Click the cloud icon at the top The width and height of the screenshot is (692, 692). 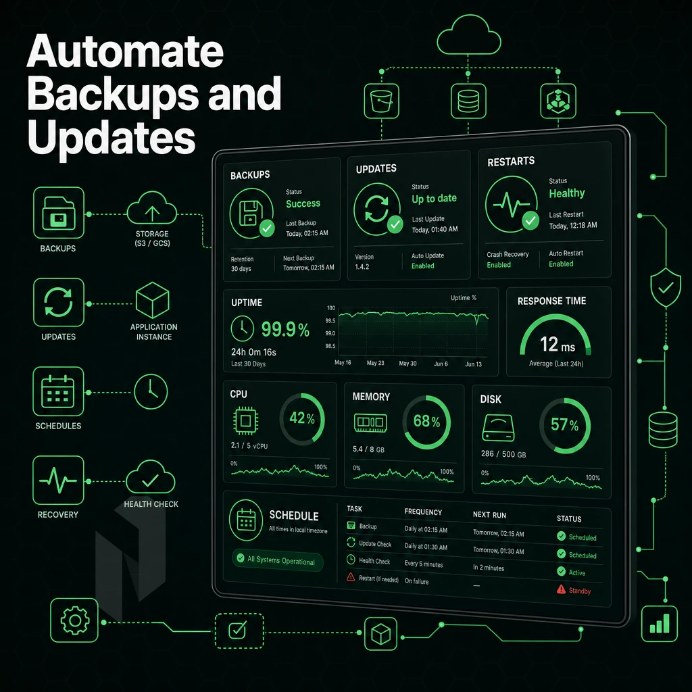(x=469, y=34)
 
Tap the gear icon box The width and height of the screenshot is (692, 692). (x=74, y=620)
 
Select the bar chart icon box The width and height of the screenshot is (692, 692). (x=660, y=624)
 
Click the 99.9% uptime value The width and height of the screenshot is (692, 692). (x=285, y=329)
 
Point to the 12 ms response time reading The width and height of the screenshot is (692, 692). (x=558, y=344)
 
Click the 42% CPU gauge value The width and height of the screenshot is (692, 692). (x=302, y=418)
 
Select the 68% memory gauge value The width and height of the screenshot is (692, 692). (x=427, y=421)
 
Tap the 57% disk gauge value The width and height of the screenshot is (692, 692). (x=564, y=424)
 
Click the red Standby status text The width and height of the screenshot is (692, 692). (x=579, y=591)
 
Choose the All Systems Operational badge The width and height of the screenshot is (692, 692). (x=278, y=560)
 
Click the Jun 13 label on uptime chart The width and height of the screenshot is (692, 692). (x=474, y=364)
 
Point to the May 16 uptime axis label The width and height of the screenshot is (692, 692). (x=343, y=362)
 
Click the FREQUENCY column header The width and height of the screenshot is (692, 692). (x=423, y=512)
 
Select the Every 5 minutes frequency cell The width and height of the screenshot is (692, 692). (x=424, y=564)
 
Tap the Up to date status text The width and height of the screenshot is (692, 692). (x=435, y=199)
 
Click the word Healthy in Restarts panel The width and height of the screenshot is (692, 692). (x=567, y=193)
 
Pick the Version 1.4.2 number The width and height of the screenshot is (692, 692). (x=362, y=266)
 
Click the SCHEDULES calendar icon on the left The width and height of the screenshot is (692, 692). (x=58, y=391)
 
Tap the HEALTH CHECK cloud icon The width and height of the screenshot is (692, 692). (x=151, y=478)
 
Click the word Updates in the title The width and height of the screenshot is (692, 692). (x=112, y=138)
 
